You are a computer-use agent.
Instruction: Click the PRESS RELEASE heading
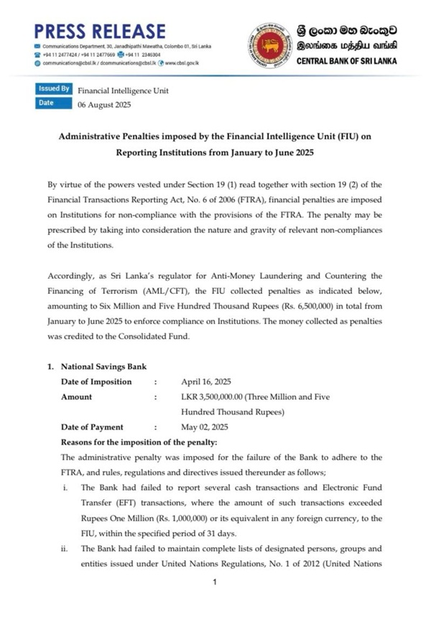pyautogui.click(x=99, y=30)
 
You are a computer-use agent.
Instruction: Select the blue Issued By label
pyautogui.click(x=55, y=89)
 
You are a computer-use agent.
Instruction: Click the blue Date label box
pyautogui.click(x=47, y=103)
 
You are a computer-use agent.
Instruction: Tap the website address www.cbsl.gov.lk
pyautogui.click(x=182, y=63)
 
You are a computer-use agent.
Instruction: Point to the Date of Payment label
pyautogui.click(x=92, y=427)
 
